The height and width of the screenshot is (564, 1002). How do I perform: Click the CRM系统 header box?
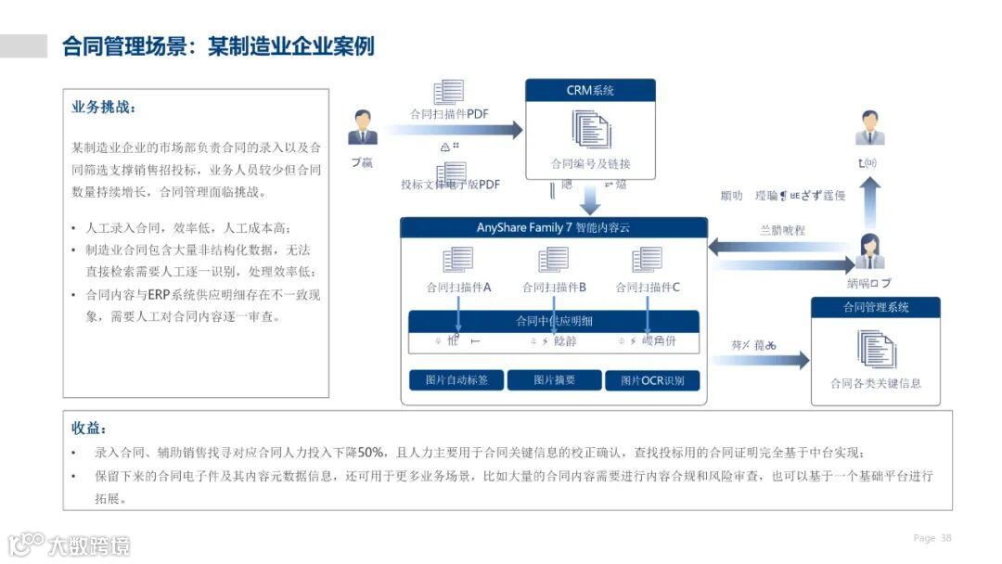590,90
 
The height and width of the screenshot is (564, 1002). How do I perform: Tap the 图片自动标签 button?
456,380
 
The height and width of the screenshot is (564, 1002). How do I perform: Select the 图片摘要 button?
554,380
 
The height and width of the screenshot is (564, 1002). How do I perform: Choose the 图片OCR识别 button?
652,380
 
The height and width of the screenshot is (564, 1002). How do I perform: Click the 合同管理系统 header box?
875,307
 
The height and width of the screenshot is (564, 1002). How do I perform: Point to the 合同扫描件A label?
458,288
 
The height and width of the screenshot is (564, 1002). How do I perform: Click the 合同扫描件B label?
554,288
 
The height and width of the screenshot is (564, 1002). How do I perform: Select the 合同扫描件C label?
648,288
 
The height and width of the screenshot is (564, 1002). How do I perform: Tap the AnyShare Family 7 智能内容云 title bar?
553,227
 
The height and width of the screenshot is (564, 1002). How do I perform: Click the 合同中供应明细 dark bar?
554,321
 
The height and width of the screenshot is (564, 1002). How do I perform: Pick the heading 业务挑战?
104,108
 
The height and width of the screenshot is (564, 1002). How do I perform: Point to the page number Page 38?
932,538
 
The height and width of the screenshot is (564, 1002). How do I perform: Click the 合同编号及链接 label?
590,164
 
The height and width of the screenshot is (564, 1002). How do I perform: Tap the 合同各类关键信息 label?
875,383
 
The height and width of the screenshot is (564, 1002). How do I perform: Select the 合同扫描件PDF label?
449,114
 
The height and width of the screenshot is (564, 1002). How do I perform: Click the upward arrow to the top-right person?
869,202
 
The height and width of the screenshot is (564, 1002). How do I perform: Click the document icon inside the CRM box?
590,130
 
